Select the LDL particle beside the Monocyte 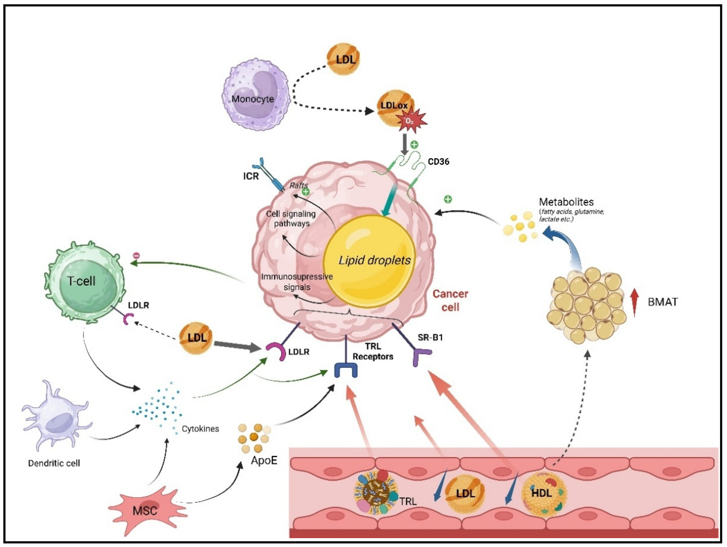pos(343,59)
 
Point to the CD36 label pos(438,162)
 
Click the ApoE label pos(264,460)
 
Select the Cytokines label pos(200,429)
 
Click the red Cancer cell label pos(450,301)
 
